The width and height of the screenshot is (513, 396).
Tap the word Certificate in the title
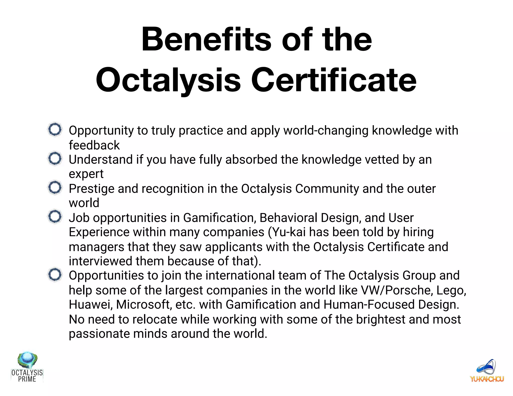pyautogui.click(x=334, y=80)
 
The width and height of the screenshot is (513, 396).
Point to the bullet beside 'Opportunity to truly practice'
pyautogui.click(x=55, y=129)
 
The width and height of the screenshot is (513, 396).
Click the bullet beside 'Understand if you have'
pyautogui.click(x=55, y=158)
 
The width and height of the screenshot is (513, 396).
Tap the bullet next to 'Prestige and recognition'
pyautogui.click(x=55, y=187)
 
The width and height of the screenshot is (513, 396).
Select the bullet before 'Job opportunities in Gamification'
pyautogui.click(x=55, y=217)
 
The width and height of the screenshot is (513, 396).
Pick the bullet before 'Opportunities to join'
pyautogui.click(x=55, y=275)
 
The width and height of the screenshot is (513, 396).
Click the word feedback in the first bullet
pyautogui.click(x=94, y=145)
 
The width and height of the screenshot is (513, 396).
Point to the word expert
pyautogui.click(x=86, y=174)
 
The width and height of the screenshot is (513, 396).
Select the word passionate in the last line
pyautogui.click(x=99, y=334)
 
